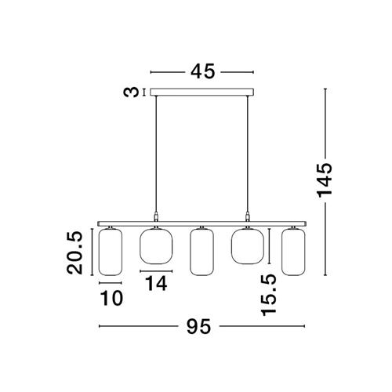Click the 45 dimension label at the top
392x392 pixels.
click(202, 71)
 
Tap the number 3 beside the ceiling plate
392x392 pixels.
click(131, 93)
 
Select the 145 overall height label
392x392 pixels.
click(325, 180)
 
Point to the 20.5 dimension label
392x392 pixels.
click(74, 253)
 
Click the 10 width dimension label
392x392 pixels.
click(111, 298)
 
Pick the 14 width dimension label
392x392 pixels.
click(156, 284)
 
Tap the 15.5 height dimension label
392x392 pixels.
click(269, 295)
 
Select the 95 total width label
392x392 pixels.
click(198, 326)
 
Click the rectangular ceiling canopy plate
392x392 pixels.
click(201, 92)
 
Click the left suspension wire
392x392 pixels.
click(156, 154)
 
